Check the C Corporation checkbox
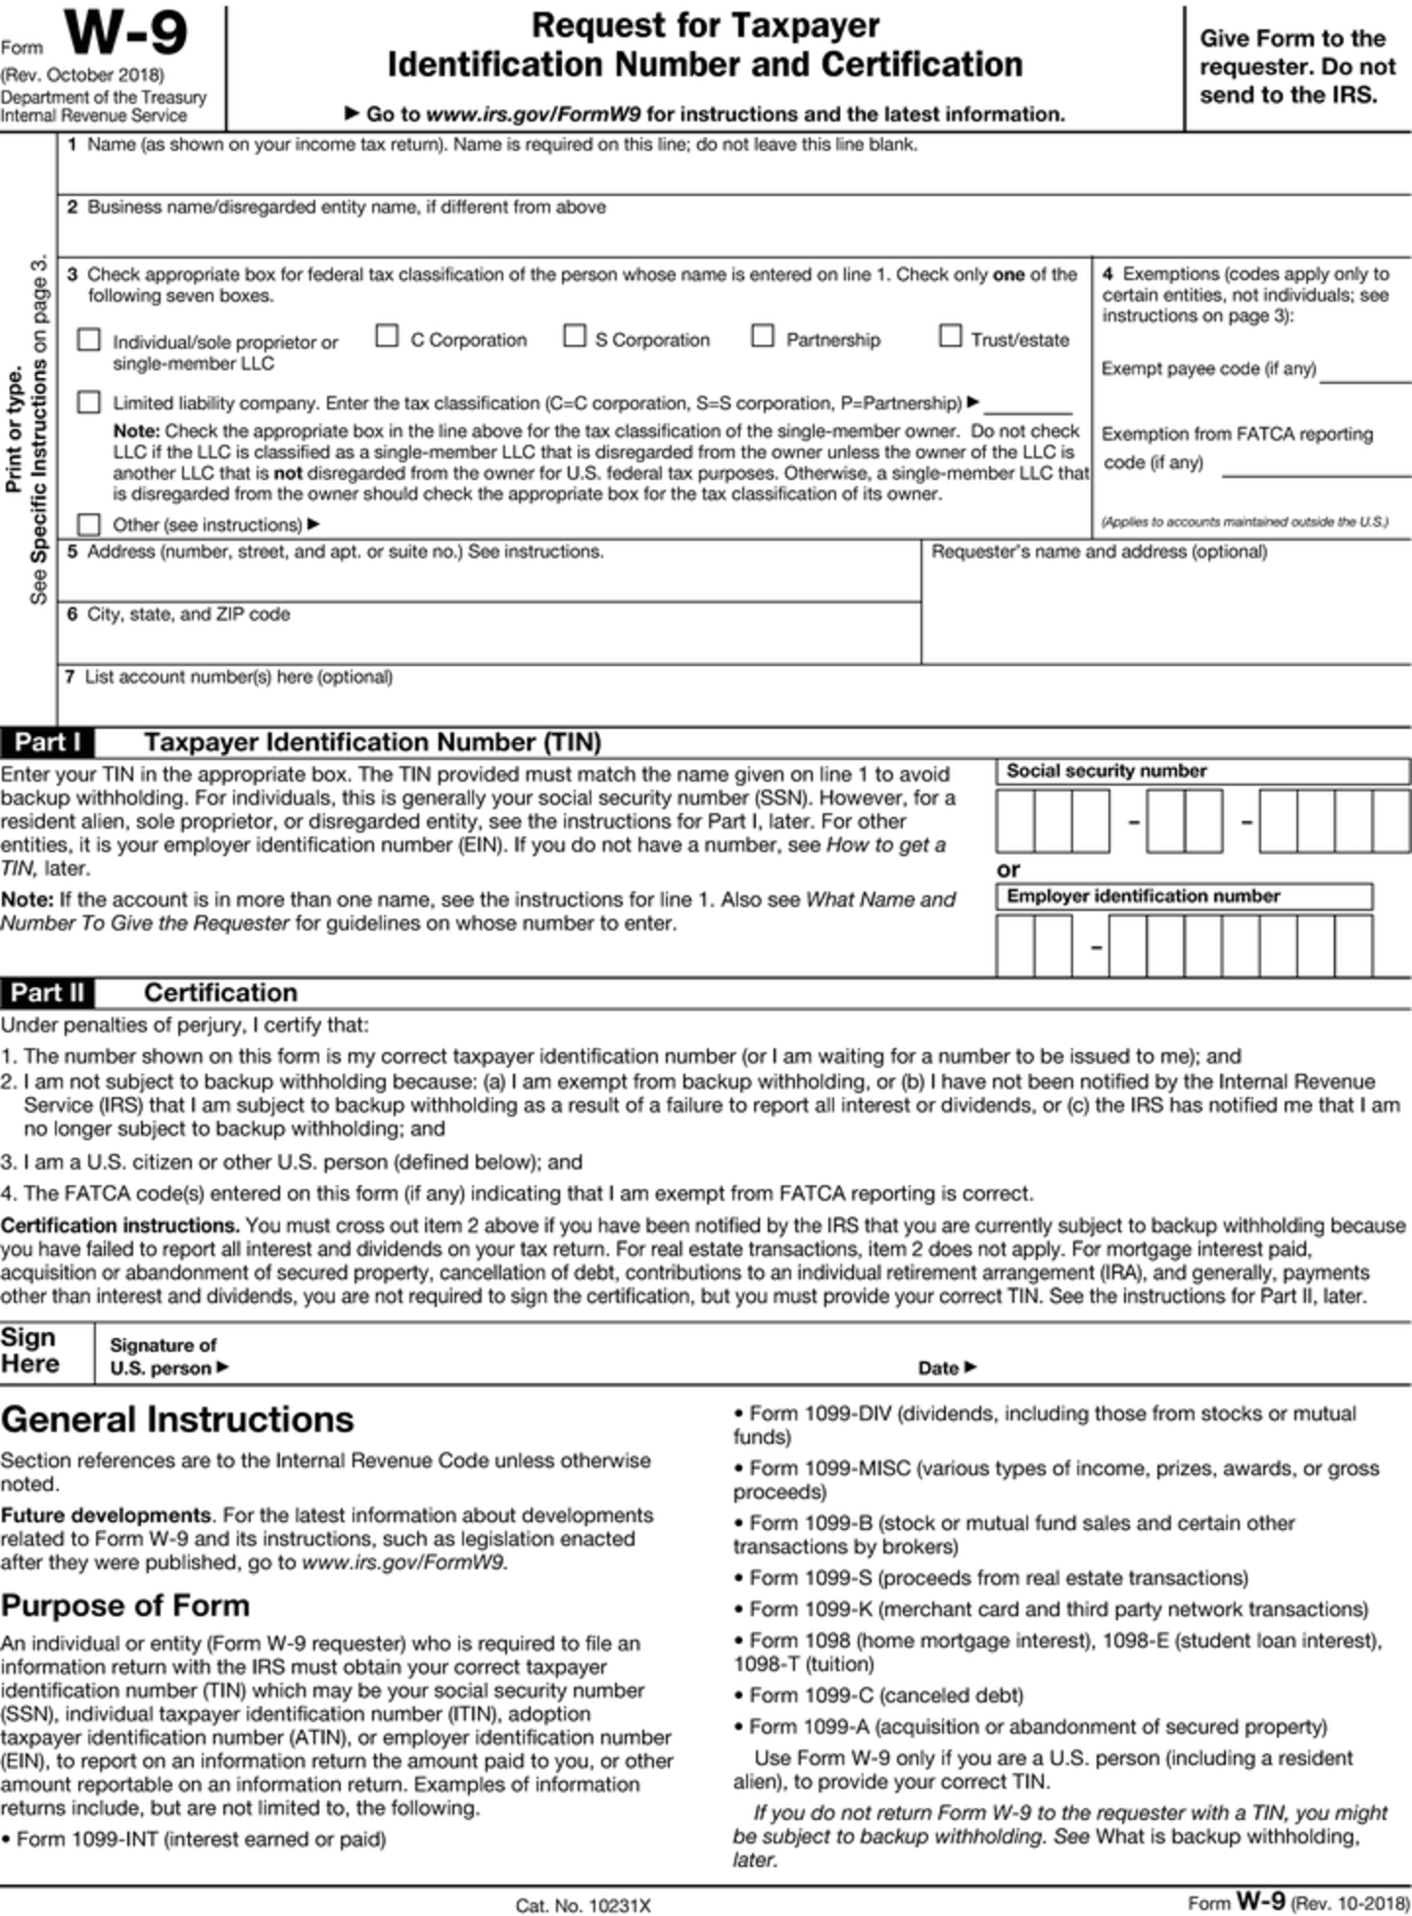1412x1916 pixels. coord(387,337)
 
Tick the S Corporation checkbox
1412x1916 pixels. coord(574,337)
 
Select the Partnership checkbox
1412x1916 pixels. coord(762,337)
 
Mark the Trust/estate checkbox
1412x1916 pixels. coord(949,337)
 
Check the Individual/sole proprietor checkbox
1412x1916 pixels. coord(89,340)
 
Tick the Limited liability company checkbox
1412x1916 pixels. coord(89,403)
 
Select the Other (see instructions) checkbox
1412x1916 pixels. coord(89,524)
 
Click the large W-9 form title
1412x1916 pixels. coord(125,34)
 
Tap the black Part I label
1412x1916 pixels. coord(47,742)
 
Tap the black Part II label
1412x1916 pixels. coord(47,993)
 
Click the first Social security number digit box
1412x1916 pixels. coord(1014,821)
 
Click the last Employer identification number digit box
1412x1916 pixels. coord(1352,945)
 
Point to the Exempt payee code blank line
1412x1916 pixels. coord(1364,372)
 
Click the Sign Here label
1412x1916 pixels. coord(29,1351)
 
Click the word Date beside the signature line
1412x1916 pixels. coord(938,1368)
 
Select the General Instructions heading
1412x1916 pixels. coord(177,1419)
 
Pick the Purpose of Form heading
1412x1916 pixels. coord(125,1605)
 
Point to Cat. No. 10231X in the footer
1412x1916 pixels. coord(583,1905)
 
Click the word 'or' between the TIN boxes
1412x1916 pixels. coord(1008,869)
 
